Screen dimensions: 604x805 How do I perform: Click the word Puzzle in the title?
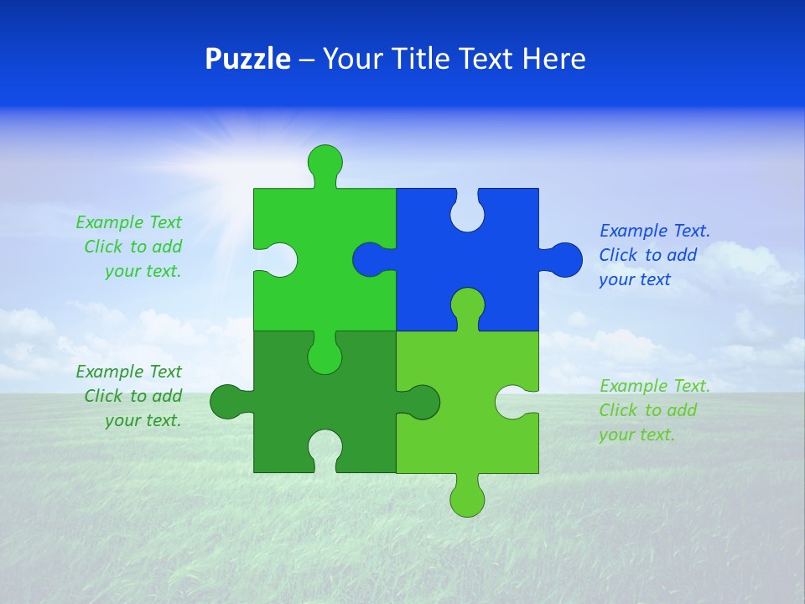pos(247,59)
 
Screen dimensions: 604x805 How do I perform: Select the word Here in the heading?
pos(553,59)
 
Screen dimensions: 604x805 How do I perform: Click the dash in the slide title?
pos(306,60)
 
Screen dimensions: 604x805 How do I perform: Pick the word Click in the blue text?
pos(619,255)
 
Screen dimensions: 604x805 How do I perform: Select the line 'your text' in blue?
pos(635,279)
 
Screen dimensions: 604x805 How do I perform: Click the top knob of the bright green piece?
pos(325,161)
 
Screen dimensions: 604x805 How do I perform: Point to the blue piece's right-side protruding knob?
pos(564,259)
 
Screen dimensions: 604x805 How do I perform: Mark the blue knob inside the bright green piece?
pos(370,259)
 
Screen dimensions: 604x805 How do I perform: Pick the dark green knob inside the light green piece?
pos(422,402)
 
